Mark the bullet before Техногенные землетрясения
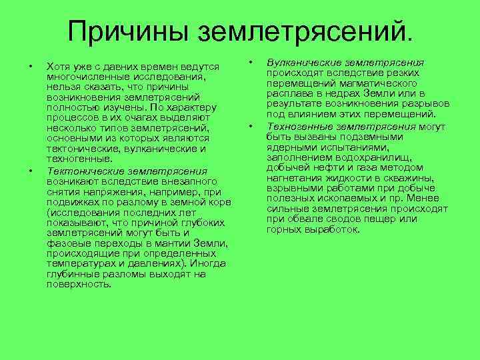[x=251, y=125]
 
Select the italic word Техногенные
[x=296, y=125]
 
